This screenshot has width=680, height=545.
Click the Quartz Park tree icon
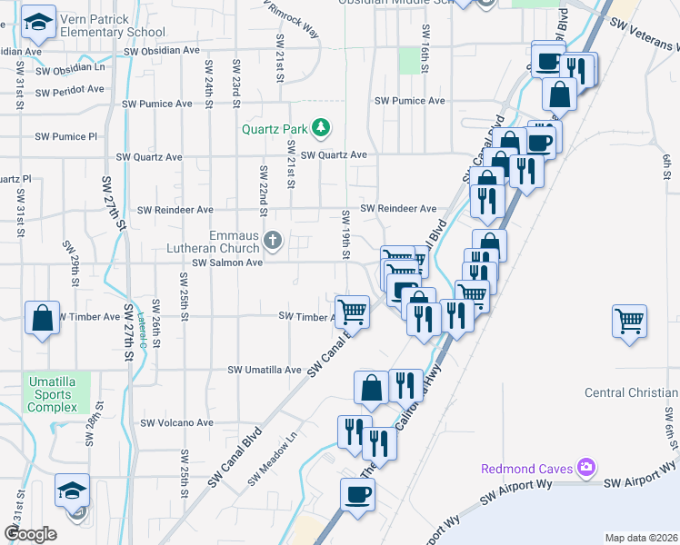point(320,128)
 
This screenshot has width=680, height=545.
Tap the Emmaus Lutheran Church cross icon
point(274,241)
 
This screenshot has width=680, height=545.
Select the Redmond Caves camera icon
point(586,468)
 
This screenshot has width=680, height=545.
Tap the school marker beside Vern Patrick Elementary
point(38,25)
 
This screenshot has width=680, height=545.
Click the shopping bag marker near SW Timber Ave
point(42,319)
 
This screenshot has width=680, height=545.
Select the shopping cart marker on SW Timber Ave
point(352,311)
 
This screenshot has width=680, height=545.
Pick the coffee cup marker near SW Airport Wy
point(357,495)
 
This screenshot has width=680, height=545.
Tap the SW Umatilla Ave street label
point(265,371)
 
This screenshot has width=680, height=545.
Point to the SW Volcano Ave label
point(175,422)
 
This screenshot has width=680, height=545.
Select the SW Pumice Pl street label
point(65,137)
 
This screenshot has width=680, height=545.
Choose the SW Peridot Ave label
point(70,92)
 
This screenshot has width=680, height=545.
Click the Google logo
point(30,534)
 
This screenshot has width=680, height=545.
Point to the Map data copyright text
point(640,538)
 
